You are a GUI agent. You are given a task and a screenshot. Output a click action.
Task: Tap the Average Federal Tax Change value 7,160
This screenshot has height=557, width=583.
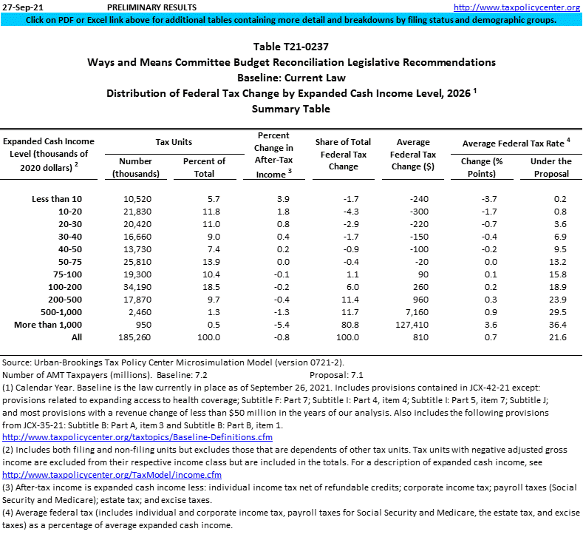[x=417, y=312]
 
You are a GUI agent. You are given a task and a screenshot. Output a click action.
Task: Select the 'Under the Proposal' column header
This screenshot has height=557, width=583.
[x=550, y=167]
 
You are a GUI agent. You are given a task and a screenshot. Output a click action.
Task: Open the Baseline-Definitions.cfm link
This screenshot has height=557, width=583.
[x=137, y=437]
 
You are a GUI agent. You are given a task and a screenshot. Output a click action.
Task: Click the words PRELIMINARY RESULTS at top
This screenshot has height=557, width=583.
[x=146, y=7]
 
